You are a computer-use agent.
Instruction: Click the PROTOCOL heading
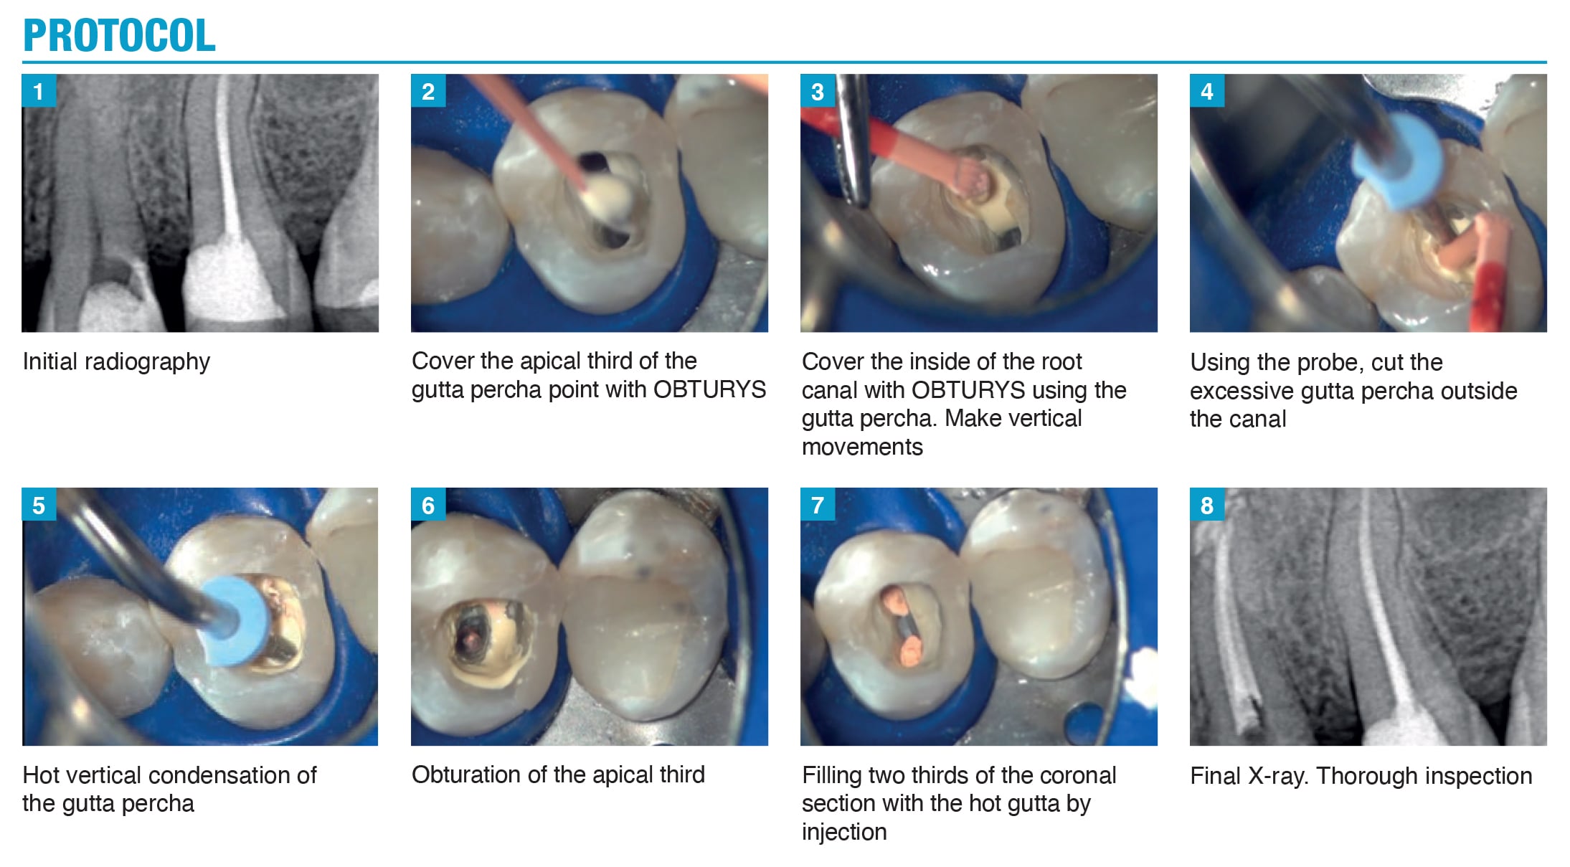coord(119,35)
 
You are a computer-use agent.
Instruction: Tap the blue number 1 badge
coord(39,91)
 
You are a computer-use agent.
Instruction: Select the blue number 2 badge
coord(428,91)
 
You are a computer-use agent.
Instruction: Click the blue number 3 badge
coord(818,91)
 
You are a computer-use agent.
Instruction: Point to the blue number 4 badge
coord(1207,91)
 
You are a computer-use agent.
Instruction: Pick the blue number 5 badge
coord(39,505)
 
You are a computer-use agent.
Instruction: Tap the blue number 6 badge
coord(428,505)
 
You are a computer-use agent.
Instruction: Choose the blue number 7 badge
coord(818,505)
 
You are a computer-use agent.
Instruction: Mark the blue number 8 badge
coord(1207,505)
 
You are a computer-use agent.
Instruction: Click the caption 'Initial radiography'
coord(116,362)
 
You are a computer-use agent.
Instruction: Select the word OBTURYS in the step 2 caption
coord(709,389)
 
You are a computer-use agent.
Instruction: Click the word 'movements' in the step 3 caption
coord(862,447)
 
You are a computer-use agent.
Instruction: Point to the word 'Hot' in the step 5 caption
coord(42,775)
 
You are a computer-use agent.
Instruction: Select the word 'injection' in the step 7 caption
coord(844,832)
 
